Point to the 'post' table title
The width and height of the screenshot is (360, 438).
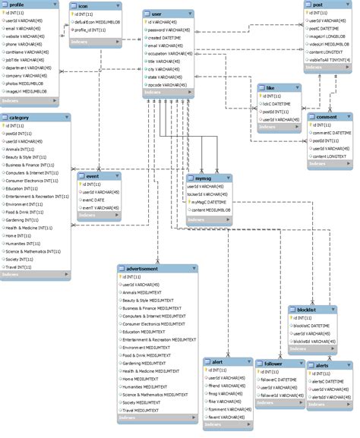coord(317,5)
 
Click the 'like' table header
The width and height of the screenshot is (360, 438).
coord(270,88)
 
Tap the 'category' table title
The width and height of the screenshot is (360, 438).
coord(21,118)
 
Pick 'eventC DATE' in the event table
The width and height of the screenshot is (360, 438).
coord(96,200)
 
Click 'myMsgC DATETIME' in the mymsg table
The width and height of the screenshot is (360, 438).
coord(210,203)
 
